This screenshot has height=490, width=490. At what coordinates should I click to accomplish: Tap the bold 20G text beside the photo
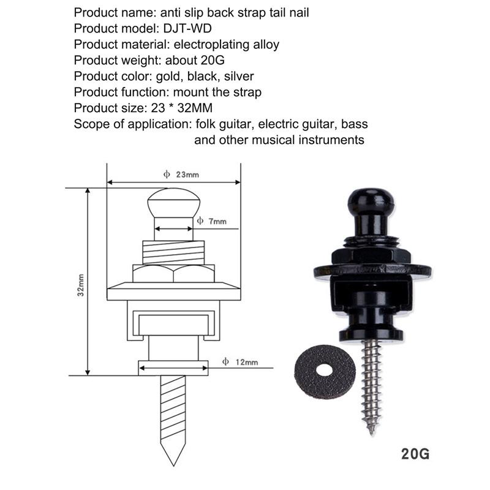415,454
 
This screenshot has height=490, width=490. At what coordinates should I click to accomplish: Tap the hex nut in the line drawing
174,273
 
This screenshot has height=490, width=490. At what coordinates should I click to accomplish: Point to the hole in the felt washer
325,370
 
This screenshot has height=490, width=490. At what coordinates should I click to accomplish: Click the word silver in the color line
239,76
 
